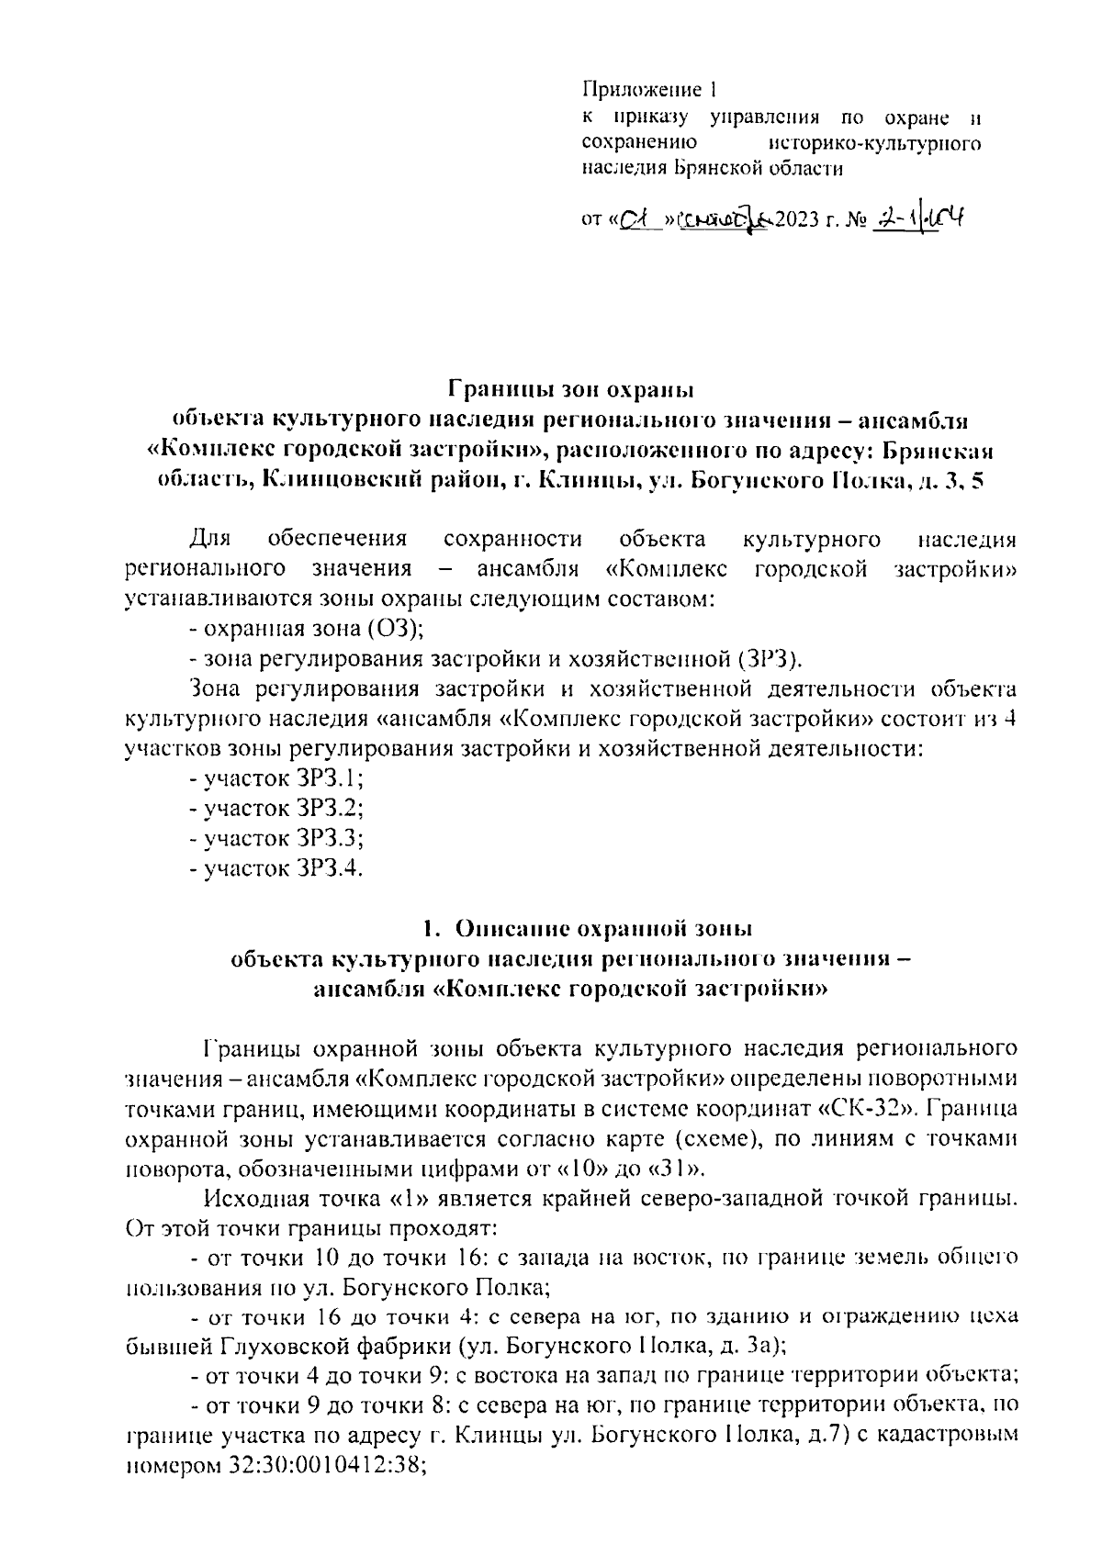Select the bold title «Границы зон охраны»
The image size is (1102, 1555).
click(x=569, y=389)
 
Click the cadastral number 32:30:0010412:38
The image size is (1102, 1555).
click(x=321, y=1467)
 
